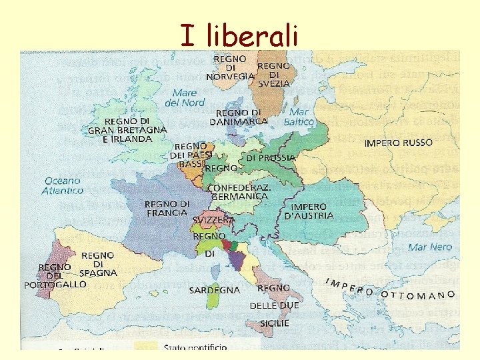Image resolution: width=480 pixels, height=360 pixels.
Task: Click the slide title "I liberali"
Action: click(239, 34)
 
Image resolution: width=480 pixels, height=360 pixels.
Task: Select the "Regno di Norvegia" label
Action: click(230, 67)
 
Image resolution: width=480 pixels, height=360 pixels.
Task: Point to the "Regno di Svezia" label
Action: click(273, 75)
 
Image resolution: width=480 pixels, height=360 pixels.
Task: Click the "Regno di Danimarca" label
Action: click(238, 117)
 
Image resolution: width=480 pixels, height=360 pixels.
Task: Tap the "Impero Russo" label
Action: click(398, 143)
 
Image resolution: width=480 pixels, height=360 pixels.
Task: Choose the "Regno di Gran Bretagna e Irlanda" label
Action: click(127, 129)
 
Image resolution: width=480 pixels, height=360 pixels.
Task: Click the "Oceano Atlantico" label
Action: click(63, 185)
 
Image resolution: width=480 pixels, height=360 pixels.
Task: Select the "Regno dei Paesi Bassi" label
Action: click(190, 155)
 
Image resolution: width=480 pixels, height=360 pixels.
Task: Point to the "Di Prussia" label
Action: click(271, 158)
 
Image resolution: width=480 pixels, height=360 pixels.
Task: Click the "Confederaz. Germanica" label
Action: click(239, 192)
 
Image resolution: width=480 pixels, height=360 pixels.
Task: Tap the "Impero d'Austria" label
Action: click(309, 211)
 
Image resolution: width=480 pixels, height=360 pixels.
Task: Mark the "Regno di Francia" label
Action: click(167, 208)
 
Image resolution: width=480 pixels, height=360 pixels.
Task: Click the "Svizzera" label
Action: click(213, 220)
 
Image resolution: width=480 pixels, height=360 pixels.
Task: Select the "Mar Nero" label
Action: click(430, 247)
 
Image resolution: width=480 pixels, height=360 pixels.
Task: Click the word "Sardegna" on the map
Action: click(214, 291)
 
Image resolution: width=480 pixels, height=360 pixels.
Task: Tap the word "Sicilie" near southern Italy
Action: click(275, 323)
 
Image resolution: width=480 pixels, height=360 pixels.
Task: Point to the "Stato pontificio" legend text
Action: click(195, 347)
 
